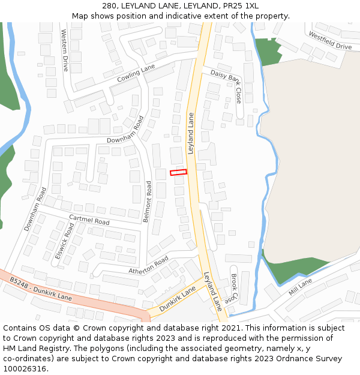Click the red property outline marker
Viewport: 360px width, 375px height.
(178, 172)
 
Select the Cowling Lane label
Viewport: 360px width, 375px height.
(136, 74)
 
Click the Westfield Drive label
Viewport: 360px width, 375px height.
(330, 41)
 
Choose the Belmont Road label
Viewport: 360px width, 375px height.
(148, 202)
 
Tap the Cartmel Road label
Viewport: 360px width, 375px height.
(89, 220)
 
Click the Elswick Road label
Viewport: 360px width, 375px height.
(64, 242)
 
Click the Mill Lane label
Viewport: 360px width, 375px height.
(300, 286)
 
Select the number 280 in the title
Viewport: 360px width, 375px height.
(110, 5)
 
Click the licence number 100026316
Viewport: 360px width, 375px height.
(25, 368)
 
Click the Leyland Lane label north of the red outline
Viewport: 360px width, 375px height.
(191, 133)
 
